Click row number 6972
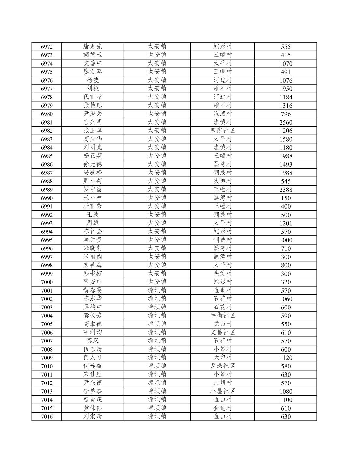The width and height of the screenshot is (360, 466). [x=47, y=47]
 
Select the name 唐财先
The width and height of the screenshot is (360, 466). [x=93, y=47]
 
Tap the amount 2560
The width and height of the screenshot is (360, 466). [x=286, y=122]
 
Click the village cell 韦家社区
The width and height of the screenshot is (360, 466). [x=223, y=130]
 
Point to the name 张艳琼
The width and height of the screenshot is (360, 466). [x=93, y=105]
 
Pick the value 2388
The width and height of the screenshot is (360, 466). [x=286, y=189]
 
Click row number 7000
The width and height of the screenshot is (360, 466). [x=47, y=282]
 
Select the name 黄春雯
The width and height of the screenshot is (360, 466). [x=93, y=290]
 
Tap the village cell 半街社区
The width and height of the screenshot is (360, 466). [x=223, y=315]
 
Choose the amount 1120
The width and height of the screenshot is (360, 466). [x=286, y=358]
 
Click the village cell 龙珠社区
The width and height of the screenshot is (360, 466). [x=223, y=366]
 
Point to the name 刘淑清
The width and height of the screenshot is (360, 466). [x=93, y=416]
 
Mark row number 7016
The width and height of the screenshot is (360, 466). [x=47, y=416]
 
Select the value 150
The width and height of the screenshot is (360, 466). [x=286, y=198]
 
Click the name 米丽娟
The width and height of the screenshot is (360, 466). [x=93, y=257]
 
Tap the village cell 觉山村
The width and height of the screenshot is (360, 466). [x=223, y=324]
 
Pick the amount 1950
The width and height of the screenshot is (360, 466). [x=286, y=89]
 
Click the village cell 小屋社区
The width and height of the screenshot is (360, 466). [x=223, y=391]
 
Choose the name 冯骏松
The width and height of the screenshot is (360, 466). [x=93, y=173]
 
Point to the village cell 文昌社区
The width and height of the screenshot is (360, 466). [x=223, y=332]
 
